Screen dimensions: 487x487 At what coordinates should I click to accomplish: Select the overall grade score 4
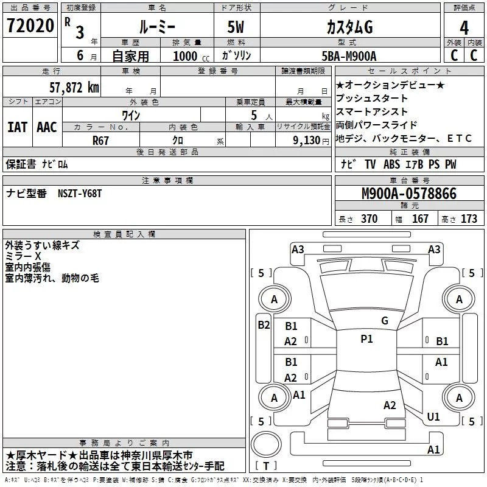pos(464,27)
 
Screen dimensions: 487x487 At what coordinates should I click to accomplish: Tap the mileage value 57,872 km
pos(74,87)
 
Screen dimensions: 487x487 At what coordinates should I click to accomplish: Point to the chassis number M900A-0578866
pos(408,194)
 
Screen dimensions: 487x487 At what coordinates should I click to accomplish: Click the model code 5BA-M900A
pos(349,55)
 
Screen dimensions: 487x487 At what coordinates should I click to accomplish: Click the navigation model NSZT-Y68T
pos(80,194)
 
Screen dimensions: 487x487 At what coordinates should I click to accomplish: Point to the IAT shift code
pos(17,127)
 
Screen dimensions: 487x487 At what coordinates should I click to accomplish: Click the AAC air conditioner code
pos(47,127)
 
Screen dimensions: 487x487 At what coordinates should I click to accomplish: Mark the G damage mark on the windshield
pos(384,321)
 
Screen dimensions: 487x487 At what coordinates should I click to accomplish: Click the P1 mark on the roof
pos(366,339)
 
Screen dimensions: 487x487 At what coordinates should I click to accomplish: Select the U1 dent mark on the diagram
pos(433,417)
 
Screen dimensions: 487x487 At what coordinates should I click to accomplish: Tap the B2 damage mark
pos(264,325)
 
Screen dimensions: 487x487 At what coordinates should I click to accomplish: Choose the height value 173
pos(469,219)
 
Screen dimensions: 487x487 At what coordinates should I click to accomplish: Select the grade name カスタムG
pos(349,27)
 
